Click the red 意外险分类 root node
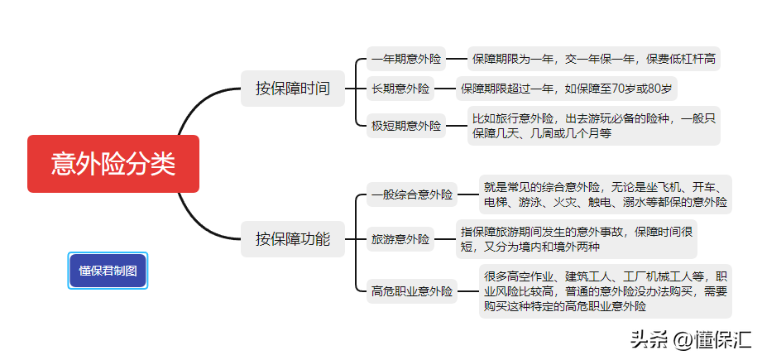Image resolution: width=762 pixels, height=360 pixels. pyautogui.click(x=113, y=164)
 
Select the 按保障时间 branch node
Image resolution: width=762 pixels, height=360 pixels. pyautogui.click(x=293, y=89)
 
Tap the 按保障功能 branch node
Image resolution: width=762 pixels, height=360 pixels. pyautogui.click(x=293, y=239)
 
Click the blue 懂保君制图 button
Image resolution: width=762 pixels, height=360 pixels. pyautogui.click(x=108, y=271)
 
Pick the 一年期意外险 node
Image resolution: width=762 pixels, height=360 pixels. pyautogui.click(x=405, y=60)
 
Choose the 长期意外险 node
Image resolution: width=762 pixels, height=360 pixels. pyautogui.click(x=400, y=89)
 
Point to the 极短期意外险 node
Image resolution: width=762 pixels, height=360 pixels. pyautogui.click(x=405, y=126)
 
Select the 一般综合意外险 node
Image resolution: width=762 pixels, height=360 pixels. pyautogui.click(x=412, y=194)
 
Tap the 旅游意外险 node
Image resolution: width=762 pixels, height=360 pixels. pyautogui.click(x=400, y=239)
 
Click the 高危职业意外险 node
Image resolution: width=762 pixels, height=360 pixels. pyautogui.click(x=412, y=291)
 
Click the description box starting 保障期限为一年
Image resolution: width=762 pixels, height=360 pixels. pyautogui.click(x=593, y=60)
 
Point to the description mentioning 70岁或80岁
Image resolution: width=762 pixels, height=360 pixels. pyautogui.click(x=566, y=89)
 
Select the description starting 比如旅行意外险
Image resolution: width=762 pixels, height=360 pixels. pyautogui.click(x=593, y=126)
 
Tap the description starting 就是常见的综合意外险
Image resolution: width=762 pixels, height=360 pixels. pyautogui.click(x=605, y=194)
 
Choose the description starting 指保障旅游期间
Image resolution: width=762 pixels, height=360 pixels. pyautogui.click(x=576, y=239)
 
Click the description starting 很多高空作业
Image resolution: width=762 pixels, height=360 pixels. pyautogui.click(x=605, y=291)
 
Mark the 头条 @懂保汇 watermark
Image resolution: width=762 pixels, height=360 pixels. pyautogui.click(x=691, y=339)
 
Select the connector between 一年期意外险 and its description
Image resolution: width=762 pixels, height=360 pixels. pyautogui.click(x=457, y=60)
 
